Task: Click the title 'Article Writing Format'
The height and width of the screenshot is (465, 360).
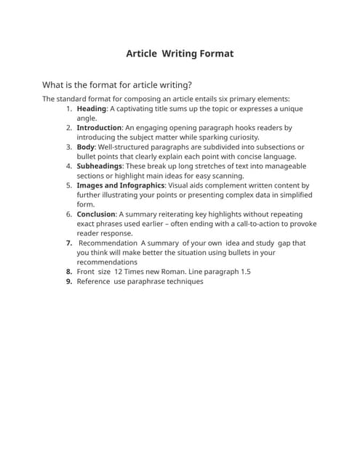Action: tap(180, 53)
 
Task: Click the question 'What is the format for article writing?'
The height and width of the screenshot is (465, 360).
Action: tap(117, 84)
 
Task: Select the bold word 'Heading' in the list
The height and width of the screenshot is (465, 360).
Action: tap(92, 109)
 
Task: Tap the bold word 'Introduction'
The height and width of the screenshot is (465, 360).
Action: tap(99, 128)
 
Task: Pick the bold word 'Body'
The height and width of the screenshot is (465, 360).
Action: tap(85, 147)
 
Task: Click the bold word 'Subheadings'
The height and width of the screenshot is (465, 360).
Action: tap(100, 166)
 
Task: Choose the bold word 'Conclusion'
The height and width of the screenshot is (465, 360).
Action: tap(96, 214)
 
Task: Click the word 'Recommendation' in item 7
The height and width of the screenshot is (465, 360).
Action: tap(108, 243)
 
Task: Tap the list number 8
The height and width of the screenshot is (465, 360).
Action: tap(68, 272)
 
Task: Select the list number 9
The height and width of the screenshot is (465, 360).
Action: tap(68, 281)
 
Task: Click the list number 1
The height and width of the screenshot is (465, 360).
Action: tap(69, 109)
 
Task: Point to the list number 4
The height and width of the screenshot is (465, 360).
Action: tap(69, 166)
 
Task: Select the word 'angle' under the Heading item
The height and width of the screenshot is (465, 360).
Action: tap(86, 118)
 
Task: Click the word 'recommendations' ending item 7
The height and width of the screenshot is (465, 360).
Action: tap(107, 262)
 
